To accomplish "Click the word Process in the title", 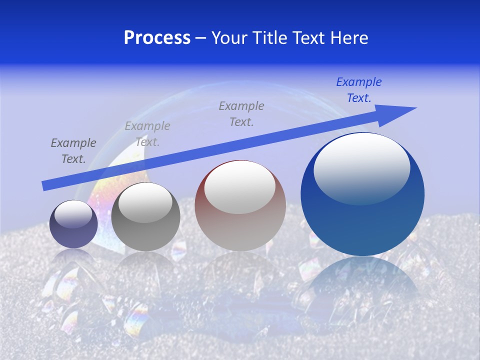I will (157, 38).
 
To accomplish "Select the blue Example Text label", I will (359, 90).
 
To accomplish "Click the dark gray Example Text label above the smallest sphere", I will (73, 151).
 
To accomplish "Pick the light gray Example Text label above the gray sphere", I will (147, 134).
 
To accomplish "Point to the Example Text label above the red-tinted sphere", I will (241, 113).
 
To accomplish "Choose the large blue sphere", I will (362, 225).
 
